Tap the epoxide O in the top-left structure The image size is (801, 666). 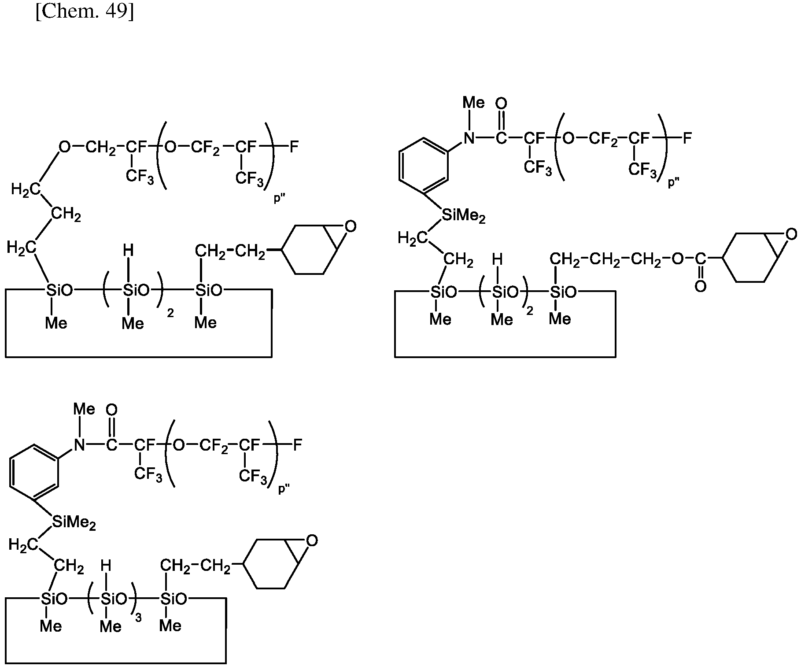[x=350, y=227]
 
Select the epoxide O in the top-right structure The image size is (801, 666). [x=791, y=234]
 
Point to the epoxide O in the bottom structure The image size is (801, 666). [x=312, y=540]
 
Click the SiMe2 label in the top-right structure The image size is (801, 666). [x=464, y=215]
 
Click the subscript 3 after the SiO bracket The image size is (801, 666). [x=138, y=618]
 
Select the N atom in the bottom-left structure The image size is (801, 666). [x=79, y=445]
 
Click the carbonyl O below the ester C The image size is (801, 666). [x=700, y=287]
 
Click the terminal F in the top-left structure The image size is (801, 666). [x=294, y=147]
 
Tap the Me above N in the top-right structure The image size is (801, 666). [x=473, y=103]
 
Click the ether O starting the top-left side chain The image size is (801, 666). [x=65, y=147]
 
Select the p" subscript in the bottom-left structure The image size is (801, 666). [x=284, y=489]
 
